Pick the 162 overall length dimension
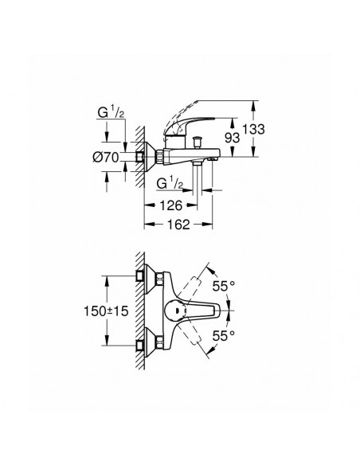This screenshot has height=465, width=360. coord(180,225)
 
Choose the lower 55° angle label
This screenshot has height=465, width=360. coord(229,337)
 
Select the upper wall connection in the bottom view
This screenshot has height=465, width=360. coord(144,275)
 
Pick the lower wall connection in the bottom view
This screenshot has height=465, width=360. coord(144,345)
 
